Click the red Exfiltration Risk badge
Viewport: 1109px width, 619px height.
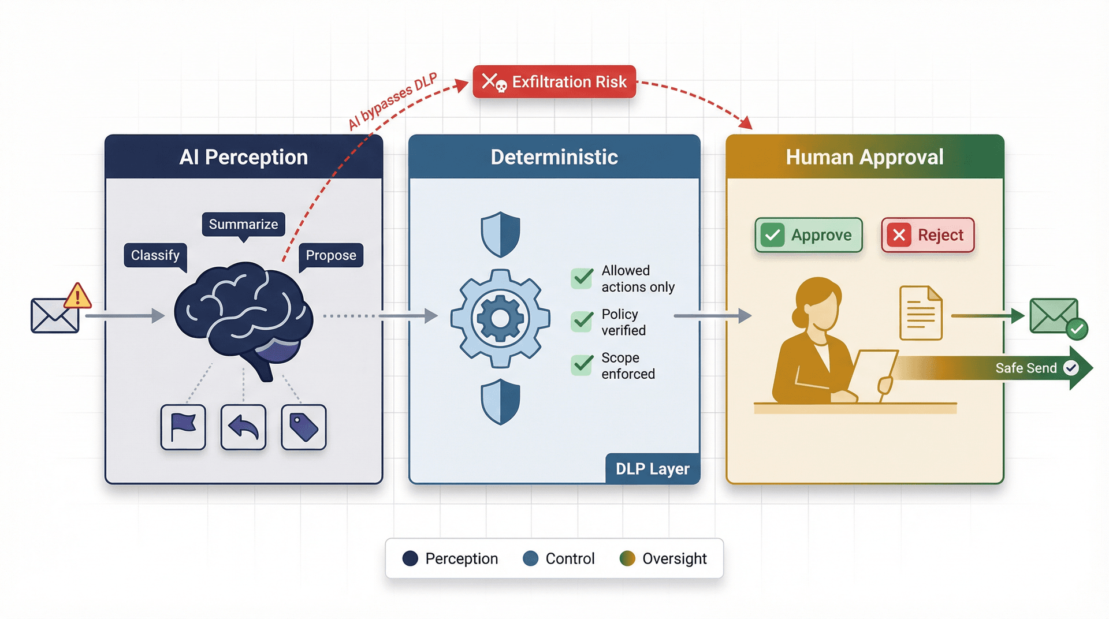coord(554,82)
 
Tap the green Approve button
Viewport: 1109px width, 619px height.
coord(808,235)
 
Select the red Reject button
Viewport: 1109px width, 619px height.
coord(928,235)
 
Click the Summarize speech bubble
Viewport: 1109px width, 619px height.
coord(243,224)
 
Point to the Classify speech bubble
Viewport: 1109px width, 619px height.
coord(155,255)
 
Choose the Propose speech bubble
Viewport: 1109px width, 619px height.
coord(330,255)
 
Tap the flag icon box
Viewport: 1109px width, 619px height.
coord(183,427)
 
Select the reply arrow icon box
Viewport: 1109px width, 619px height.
coord(243,427)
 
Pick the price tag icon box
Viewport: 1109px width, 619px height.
coord(303,427)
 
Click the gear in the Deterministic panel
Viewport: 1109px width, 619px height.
coord(500,318)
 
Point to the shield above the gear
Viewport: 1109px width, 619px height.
coord(500,234)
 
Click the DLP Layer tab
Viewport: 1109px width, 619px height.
coord(652,469)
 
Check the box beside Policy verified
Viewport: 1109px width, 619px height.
coord(582,322)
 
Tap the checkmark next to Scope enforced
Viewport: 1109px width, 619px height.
coord(582,365)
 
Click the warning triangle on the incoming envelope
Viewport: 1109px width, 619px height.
coord(77,297)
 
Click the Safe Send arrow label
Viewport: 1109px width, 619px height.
coord(1026,368)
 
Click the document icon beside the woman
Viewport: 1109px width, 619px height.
coord(921,313)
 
